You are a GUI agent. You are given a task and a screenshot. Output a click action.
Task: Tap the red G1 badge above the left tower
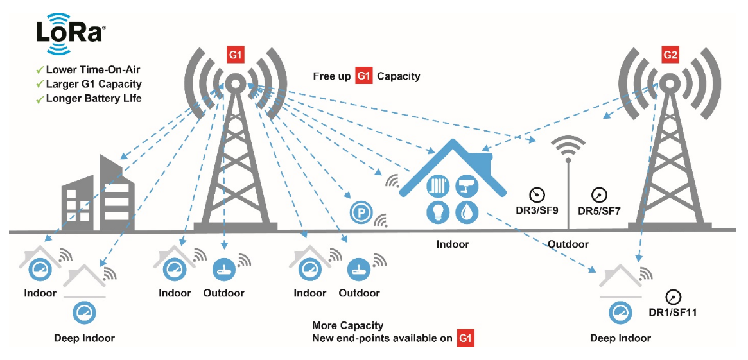click(236, 55)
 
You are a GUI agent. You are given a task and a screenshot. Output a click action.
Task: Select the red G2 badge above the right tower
click(670, 55)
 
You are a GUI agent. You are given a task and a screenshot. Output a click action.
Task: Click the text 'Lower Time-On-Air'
click(92, 69)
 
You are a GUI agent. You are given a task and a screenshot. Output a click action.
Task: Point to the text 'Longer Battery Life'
click(94, 99)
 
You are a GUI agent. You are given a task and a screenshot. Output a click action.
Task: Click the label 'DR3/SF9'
click(537, 210)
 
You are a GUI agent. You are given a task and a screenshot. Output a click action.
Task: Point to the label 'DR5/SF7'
click(599, 210)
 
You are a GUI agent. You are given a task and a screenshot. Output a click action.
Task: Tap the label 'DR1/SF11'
click(673, 313)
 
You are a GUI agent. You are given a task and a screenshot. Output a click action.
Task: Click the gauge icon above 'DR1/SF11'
click(673, 297)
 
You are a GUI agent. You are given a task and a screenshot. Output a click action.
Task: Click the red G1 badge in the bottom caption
click(465, 338)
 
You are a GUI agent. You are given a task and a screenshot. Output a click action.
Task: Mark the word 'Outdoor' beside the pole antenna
click(568, 244)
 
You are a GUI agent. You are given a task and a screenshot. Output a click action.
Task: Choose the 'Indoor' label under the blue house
click(453, 244)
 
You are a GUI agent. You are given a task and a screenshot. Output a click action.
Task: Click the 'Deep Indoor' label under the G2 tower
click(620, 338)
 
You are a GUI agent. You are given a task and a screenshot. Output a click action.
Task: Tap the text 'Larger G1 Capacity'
click(94, 84)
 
